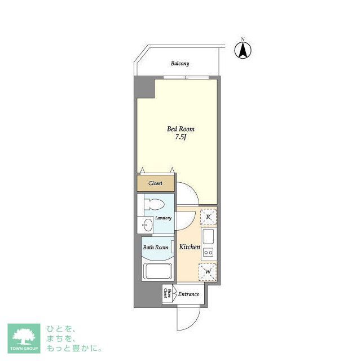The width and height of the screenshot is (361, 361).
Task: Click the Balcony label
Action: point(180,64)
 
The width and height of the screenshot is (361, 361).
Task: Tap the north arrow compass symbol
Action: point(243,51)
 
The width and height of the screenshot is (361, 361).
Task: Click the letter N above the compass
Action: point(243,39)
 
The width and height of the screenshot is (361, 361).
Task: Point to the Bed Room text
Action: point(180,129)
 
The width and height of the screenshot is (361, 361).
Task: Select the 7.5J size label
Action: point(180,137)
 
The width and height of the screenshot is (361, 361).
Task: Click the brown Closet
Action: point(155,183)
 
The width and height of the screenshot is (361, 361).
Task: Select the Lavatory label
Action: point(163,218)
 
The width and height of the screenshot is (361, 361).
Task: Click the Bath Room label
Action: point(155,247)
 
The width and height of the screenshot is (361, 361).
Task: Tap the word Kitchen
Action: point(190,247)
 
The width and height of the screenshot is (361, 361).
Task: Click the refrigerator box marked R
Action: point(208,217)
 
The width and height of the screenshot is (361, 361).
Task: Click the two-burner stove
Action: point(208,252)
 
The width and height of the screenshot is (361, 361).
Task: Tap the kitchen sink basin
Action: point(208,236)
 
